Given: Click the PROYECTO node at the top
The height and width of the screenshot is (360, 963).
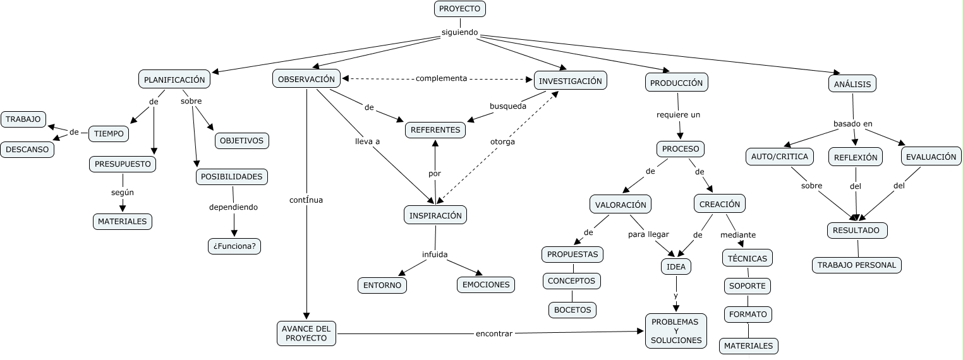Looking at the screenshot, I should pos(460,9).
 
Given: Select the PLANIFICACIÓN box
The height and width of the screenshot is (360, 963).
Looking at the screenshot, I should pos(174,80).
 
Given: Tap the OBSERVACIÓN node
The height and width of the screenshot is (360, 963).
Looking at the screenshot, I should pos(306,79).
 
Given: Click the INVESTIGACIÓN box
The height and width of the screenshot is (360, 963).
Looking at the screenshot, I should pos(571,81).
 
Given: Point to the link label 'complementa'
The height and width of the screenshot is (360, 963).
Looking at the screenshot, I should pos(441,78).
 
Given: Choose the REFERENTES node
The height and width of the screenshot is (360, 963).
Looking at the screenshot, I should pos(435,130).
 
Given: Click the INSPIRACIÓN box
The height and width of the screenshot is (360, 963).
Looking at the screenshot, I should pos(435,215).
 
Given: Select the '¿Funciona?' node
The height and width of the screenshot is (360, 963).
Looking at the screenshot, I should pos(234,246).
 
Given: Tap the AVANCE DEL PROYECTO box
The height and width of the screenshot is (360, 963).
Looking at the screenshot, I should pos(306,333).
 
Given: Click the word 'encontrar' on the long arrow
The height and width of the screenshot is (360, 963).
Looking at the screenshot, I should pos(494,333).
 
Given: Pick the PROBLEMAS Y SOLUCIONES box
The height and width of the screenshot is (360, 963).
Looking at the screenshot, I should pos(676,331).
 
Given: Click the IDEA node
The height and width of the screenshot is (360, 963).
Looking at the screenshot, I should pos(676,267).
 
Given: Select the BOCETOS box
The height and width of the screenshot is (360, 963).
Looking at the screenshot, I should pos(572,309).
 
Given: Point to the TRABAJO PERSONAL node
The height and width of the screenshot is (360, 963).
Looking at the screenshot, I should pos(857,265).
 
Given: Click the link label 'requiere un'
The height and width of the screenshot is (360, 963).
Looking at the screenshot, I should pos(679,115).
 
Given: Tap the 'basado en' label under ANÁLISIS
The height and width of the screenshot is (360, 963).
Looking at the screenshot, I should pos(853,124).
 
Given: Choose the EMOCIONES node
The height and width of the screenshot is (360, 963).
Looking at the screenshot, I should pos(486,285).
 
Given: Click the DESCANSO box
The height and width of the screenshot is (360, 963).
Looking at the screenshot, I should pos(27,150).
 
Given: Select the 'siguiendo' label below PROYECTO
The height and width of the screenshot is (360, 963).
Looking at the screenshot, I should pos(460,33).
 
